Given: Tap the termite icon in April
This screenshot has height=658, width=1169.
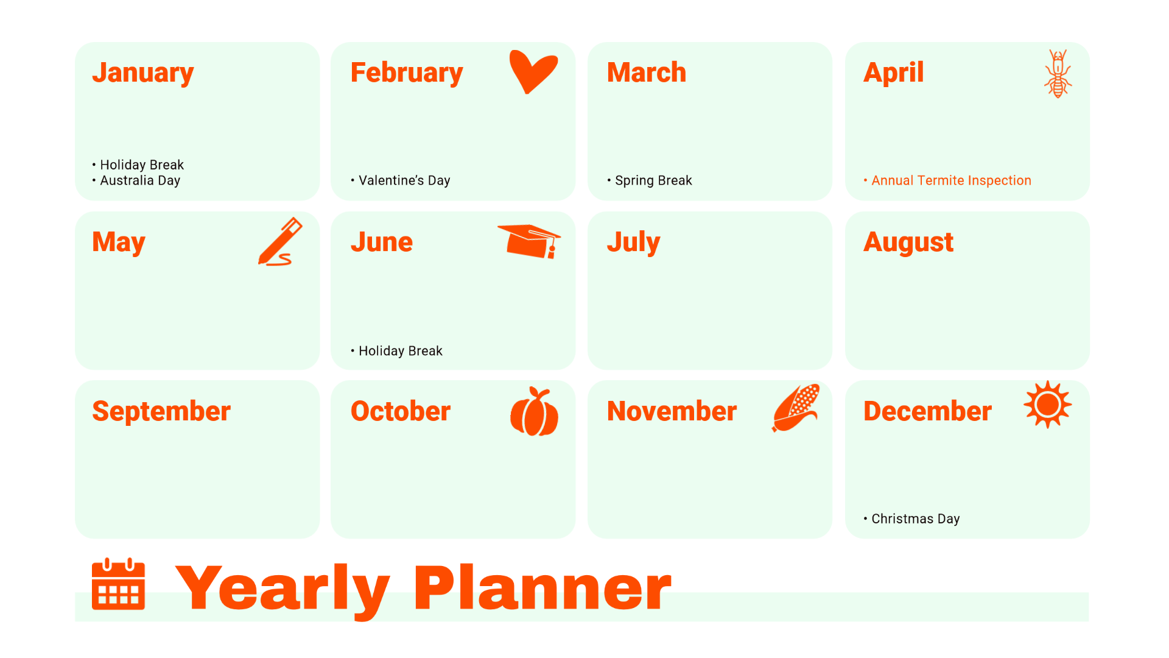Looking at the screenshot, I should [x=1058, y=74].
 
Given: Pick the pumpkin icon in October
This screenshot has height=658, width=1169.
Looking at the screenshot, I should [x=534, y=412].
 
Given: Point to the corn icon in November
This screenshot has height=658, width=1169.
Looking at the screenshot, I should [x=796, y=408].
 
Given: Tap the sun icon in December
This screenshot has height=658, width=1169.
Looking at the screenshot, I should [x=1047, y=405].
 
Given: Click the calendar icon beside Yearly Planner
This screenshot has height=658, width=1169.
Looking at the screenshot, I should [x=118, y=584].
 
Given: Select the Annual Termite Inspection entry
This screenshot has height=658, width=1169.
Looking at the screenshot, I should [x=950, y=180].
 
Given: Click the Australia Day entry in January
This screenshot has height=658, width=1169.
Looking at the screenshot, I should [x=139, y=180].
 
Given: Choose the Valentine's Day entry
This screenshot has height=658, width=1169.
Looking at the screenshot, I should [x=404, y=180].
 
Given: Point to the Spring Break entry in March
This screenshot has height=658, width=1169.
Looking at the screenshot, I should [x=653, y=180].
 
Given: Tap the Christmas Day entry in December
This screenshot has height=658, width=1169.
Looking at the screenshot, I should [x=914, y=518].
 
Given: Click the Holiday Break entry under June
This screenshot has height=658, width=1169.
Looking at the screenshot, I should [x=400, y=351].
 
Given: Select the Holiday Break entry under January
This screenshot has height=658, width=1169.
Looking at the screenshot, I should [x=141, y=165].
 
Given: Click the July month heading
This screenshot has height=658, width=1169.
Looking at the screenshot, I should [x=633, y=242].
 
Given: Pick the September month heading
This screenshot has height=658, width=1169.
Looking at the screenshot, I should [x=161, y=411].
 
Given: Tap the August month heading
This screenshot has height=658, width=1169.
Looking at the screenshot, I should [x=908, y=242].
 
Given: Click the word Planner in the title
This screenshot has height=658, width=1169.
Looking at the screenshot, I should [x=542, y=588].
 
